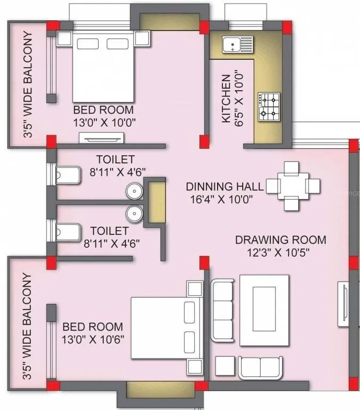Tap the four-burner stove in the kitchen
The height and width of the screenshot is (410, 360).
[x=269, y=106]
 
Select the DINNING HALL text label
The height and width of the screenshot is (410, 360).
[x=225, y=187]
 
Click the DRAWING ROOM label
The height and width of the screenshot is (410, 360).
[x=281, y=240]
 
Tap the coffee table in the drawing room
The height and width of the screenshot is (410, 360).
[x=265, y=310]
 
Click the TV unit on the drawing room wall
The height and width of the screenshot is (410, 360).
[x=344, y=303]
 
